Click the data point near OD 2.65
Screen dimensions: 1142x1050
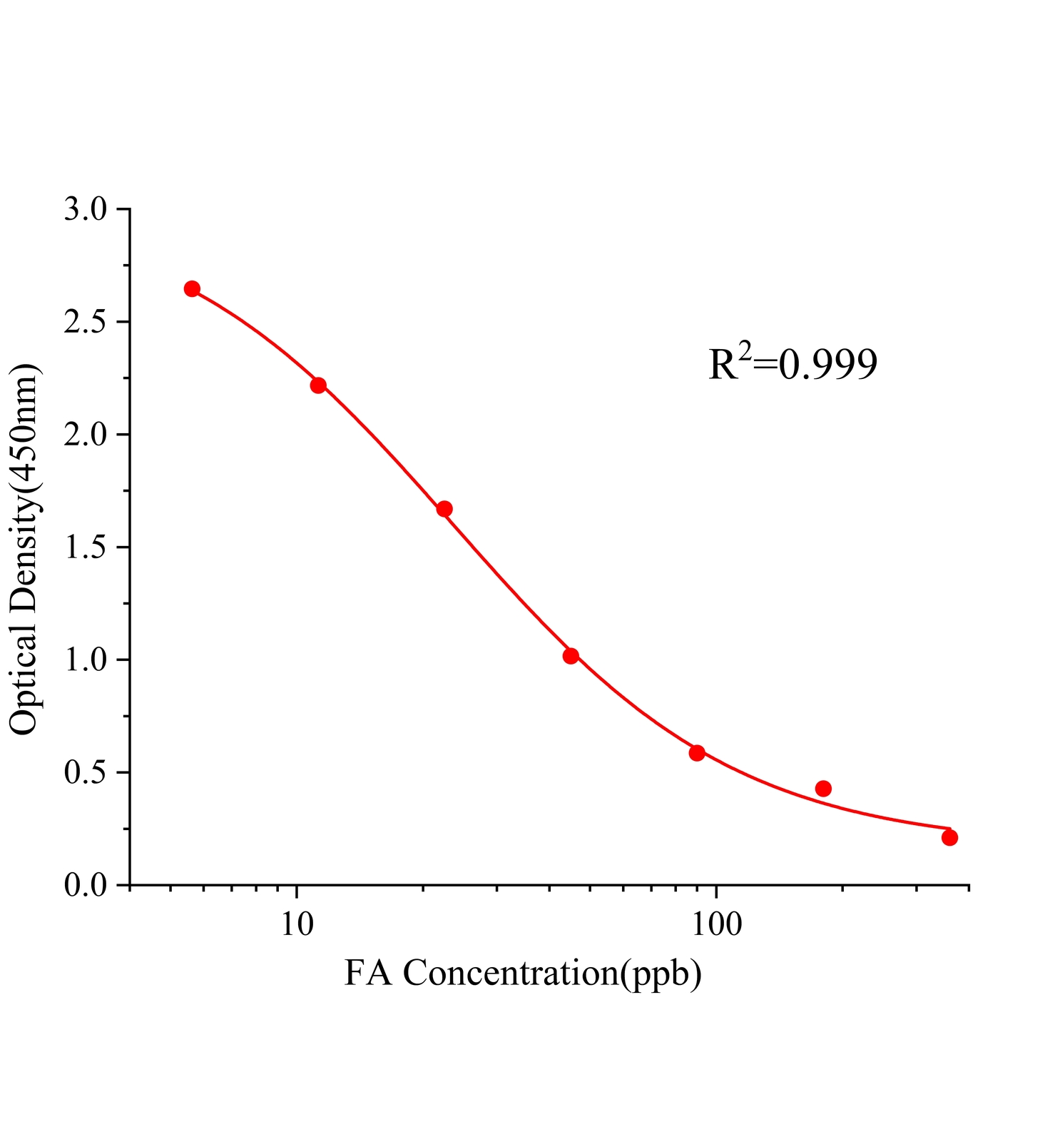[x=192, y=289]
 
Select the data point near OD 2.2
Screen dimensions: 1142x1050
[x=318, y=385]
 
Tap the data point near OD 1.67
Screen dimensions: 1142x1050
[x=444, y=509]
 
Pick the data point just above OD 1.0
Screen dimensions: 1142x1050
[x=571, y=656]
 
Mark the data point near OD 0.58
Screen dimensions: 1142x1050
[x=697, y=753]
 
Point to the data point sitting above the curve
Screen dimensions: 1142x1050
[x=823, y=789]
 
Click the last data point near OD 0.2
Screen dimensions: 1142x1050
[x=949, y=838]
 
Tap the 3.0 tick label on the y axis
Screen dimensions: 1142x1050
[x=85, y=210]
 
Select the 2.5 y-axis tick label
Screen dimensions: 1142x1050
[x=85, y=323]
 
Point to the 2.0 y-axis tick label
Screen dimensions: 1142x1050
[x=85, y=435]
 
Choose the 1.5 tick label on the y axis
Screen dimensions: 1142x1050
[x=85, y=548]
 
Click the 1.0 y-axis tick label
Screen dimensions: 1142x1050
[x=85, y=660]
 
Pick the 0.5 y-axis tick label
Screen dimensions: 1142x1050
[x=85, y=773]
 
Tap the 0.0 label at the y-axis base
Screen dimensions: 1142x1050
[x=85, y=886]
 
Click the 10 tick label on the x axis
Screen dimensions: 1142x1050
[x=297, y=924]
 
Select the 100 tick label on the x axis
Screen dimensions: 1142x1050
[x=715, y=924]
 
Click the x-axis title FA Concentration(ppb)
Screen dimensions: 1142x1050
[x=523, y=972]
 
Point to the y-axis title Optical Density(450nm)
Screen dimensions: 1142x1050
[x=25, y=548]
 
